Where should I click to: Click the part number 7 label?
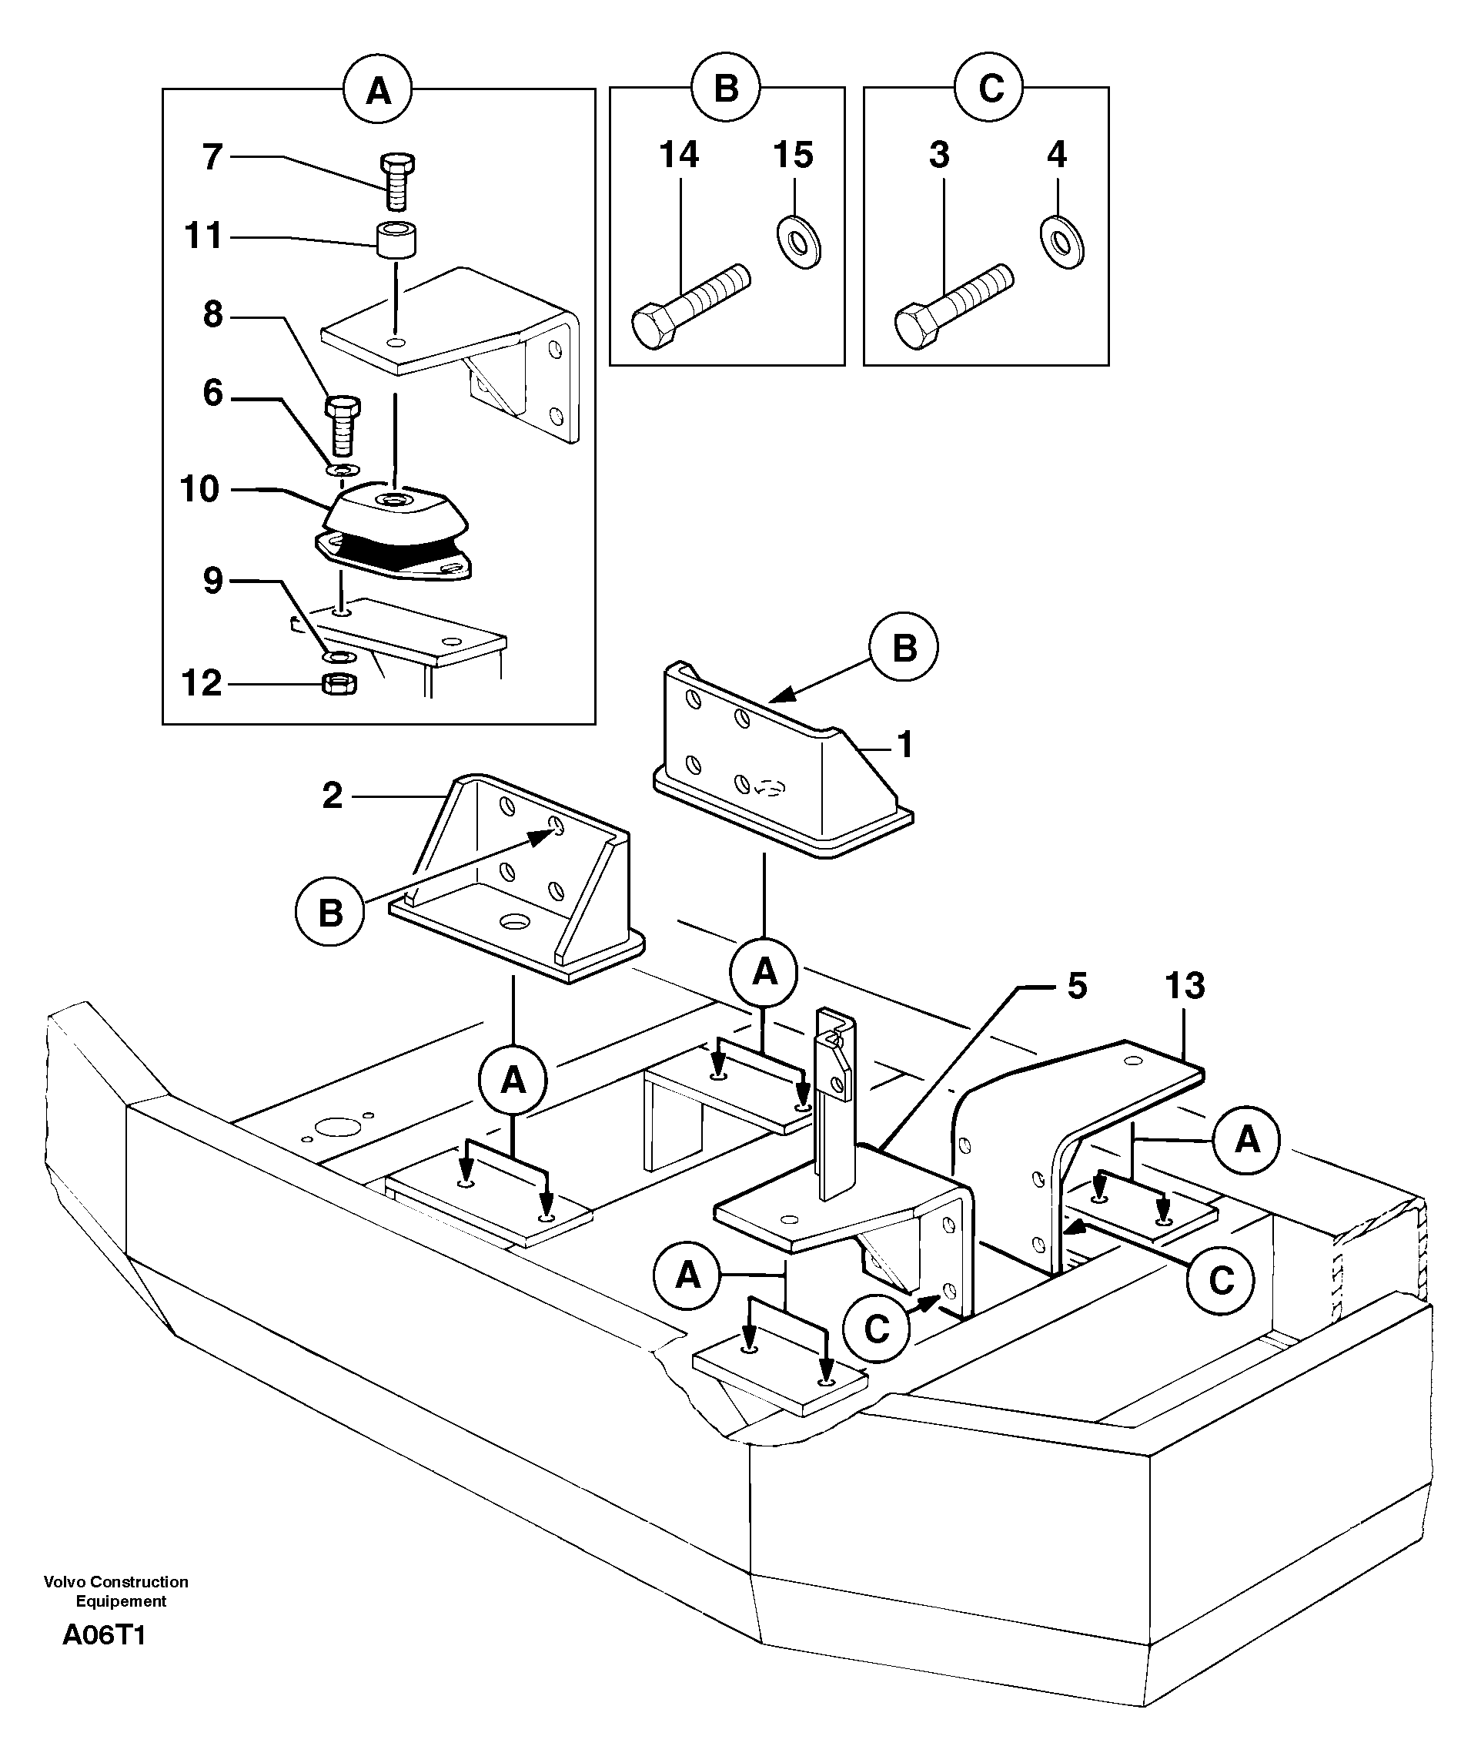pyautogui.click(x=213, y=157)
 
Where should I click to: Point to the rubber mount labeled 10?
pyautogui.click(x=393, y=535)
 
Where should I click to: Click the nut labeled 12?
pyautogui.click(x=339, y=684)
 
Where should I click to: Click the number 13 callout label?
pyautogui.click(x=1185, y=985)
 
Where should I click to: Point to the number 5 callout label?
pyautogui.click(x=1077, y=985)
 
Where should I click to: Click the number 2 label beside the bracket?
pyautogui.click(x=333, y=795)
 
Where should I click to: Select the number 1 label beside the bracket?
pyautogui.click(x=904, y=744)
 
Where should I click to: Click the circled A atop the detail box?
pyautogui.click(x=378, y=89)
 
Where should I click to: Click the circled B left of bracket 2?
pyautogui.click(x=330, y=912)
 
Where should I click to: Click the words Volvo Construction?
pyautogui.click(x=116, y=1582)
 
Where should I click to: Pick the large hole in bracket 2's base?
pyautogui.click(x=513, y=921)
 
